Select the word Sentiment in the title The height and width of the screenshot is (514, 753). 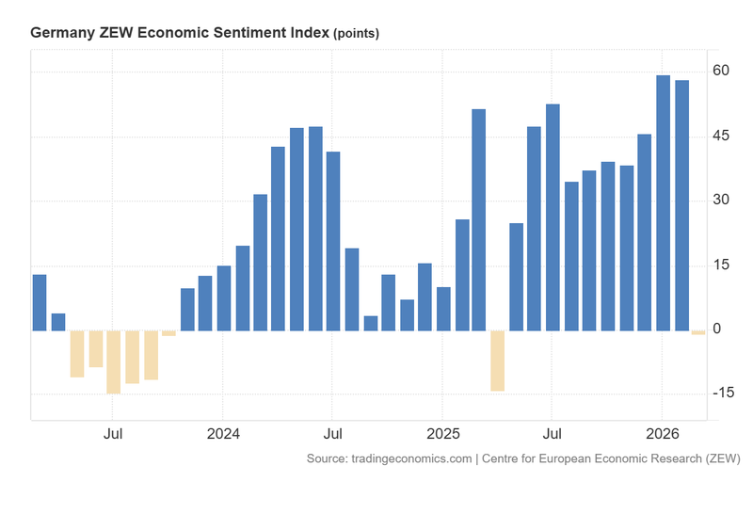point(251,33)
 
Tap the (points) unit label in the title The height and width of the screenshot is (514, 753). point(356,34)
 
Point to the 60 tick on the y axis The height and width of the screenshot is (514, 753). point(722,72)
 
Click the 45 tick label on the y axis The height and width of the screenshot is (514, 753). point(722,137)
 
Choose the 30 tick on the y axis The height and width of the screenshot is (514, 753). point(722,201)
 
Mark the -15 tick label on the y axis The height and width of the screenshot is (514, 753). point(720,393)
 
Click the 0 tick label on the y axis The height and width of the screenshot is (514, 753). point(717,329)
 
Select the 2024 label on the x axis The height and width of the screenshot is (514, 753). point(223,435)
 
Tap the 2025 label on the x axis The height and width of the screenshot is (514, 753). point(442,435)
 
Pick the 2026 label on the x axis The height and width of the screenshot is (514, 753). point(663,435)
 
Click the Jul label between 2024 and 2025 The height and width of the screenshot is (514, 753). point(332,435)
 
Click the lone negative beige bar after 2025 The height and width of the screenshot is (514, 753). point(497,360)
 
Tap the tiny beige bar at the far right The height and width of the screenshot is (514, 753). point(698,332)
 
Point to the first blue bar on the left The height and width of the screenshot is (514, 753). point(40,302)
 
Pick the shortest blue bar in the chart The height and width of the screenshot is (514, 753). point(370,323)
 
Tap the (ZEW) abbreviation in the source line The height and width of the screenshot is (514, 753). point(722,458)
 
